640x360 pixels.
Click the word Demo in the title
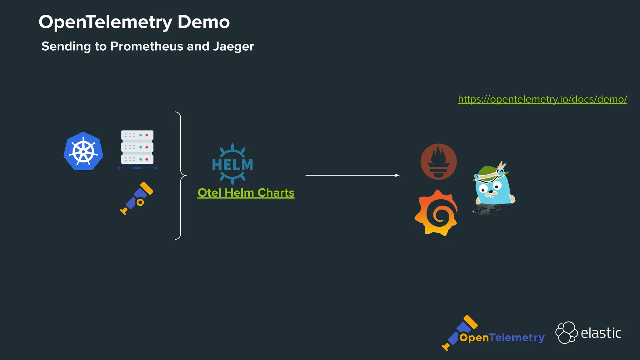203,22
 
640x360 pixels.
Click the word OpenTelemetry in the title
105,22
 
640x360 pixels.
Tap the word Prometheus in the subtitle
147,46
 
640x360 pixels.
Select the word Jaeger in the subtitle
233,46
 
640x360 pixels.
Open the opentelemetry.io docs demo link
542,99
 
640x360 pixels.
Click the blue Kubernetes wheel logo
83,152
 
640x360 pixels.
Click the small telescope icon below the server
137,198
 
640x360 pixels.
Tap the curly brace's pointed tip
186,176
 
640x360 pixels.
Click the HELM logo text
232,165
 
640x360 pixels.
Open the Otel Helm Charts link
246,193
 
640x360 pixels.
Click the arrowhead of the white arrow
397,175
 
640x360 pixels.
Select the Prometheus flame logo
438,162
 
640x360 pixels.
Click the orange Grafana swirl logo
437,213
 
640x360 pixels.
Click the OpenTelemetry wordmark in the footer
502,337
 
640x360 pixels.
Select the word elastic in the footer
601,333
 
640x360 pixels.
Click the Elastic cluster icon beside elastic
566,332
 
